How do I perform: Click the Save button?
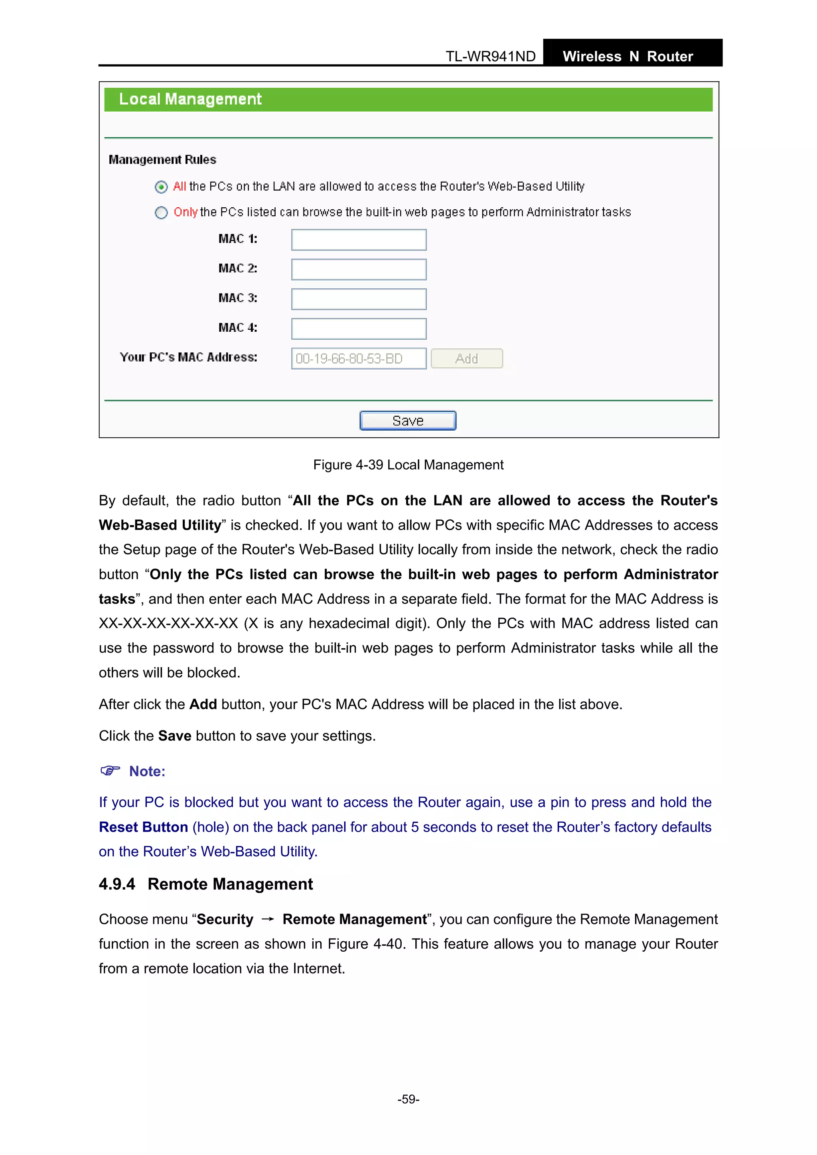(x=408, y=421)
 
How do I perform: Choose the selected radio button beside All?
(x=161, y=187)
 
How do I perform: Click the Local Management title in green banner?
(x=190, y=99)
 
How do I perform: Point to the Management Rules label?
(x=162, y=159)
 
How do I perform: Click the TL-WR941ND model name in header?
(x=490, y=56)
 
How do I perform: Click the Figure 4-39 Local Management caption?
(x=408, y=465)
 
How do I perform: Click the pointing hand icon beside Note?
(x=110, y=771)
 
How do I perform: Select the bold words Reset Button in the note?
(x=144, y=827)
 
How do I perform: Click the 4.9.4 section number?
(x=117, y=884)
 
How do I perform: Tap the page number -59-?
(x=408, y=1099)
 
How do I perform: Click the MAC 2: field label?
(x=238, y=269)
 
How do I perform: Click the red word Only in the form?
(x=185, y=212)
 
